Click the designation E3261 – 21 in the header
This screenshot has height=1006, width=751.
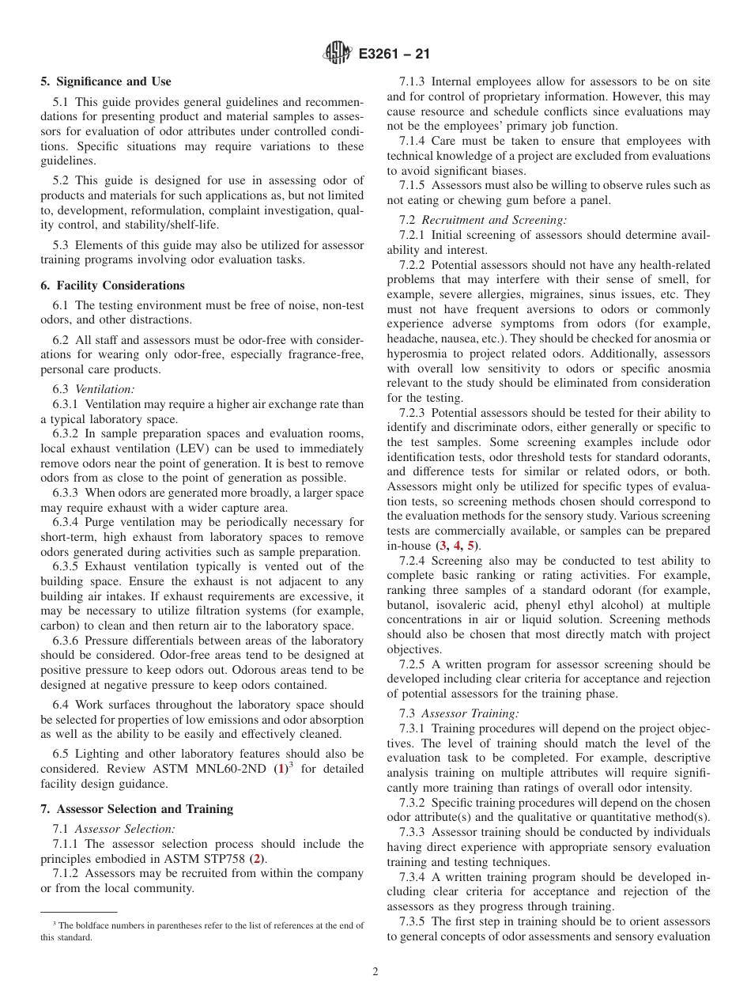pos(394,55)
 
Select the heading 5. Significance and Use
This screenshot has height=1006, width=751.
pos(106,81)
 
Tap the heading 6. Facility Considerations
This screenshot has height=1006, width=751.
pos(113,286)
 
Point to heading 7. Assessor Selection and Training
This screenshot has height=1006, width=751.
pos(137,809)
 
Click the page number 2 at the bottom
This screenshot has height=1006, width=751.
pos(375,972)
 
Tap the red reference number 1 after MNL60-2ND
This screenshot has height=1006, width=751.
pos(279,769)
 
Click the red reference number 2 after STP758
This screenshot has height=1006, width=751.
pos(255,858)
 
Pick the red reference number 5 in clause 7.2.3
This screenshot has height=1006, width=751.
pos(472,546)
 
